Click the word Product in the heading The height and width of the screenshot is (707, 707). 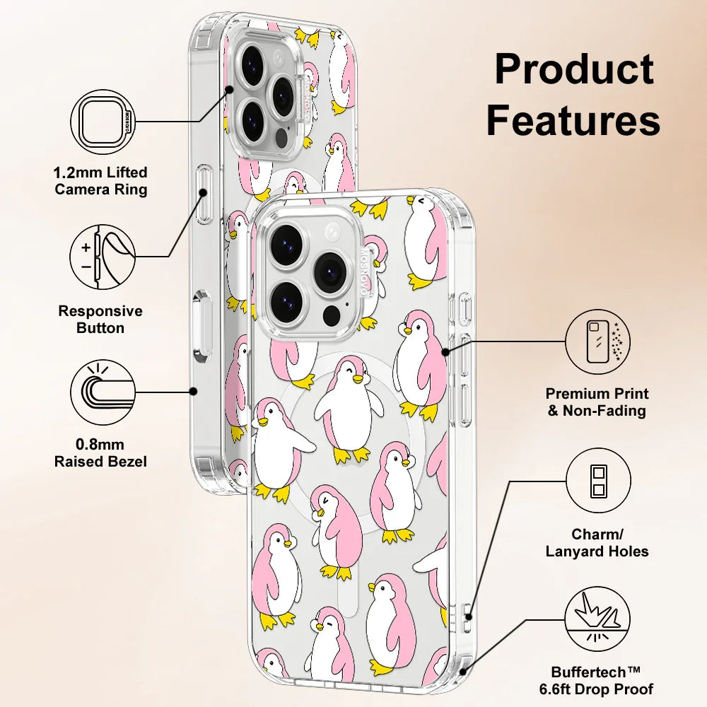(573, 71)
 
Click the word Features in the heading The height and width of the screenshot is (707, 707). (573, 120)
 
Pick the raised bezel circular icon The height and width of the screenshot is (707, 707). (103, 390)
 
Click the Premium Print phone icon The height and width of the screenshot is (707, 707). (597, 341)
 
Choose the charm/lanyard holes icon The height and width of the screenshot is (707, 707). (597, 480)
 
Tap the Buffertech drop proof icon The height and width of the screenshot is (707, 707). (597, 620)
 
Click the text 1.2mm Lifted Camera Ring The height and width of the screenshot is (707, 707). (101, 181)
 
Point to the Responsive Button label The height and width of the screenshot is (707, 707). (100, 320)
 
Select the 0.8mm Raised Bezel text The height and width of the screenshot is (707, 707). (101, 453)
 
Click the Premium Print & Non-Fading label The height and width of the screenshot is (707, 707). (597, 402)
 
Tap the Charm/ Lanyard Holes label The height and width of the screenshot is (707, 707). (597, 543)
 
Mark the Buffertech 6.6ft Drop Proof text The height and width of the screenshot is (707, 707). (602, 681)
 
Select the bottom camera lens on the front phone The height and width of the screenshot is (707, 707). (286, 300)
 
